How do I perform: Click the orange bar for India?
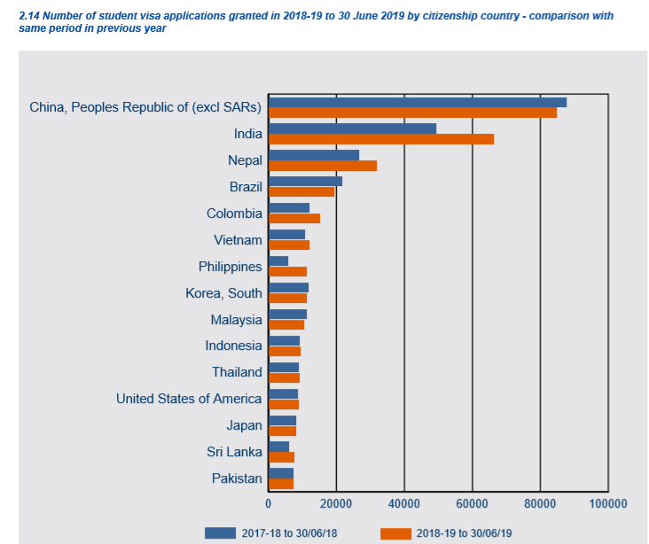(381, 139)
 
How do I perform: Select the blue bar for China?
(418, 102)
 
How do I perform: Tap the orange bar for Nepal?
(323, 166)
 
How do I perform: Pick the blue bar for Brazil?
(305, 182)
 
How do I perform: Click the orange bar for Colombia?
(294, 218)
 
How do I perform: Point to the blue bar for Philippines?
(278, 261)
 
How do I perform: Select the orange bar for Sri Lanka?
(281, 457)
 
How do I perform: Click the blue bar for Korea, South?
(288, 288)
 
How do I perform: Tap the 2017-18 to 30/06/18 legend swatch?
(220, 532)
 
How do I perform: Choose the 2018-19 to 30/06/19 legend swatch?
(395, 532)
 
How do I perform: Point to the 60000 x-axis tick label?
(472, 503)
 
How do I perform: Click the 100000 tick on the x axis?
(607, 503)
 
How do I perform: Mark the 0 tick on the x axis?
(269, 503)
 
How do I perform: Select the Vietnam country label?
(238, 240)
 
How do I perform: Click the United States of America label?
(189, 399)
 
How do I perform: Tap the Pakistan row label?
(237, 478)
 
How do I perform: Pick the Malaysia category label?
(236, 320)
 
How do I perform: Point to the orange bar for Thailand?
(284, 377)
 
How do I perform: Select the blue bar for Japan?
(282, 421)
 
